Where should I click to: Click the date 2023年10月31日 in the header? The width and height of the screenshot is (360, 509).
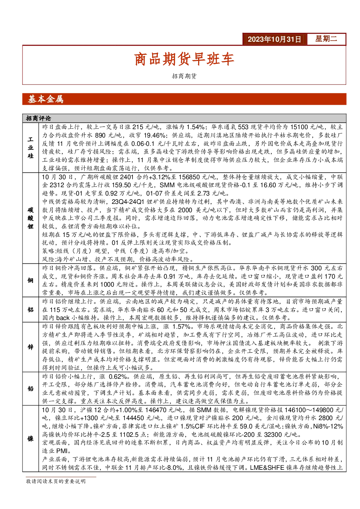(274, 39)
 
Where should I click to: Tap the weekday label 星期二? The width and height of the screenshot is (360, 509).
(326, 39)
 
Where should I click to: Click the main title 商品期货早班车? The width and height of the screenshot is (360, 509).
(184, 59)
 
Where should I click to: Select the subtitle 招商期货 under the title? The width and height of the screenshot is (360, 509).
(184, 76)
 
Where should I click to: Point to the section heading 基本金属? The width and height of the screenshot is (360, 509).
(45, 99)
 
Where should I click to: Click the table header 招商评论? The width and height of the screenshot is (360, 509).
(38, 118)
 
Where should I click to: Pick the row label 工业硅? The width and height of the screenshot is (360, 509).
(30, 147)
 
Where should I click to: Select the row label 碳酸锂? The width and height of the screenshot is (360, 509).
(30, 218)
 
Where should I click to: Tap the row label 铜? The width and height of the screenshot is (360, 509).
(30, 280)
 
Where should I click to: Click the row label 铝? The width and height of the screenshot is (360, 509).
(30, 309)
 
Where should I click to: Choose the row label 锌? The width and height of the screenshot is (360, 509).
(30, 347)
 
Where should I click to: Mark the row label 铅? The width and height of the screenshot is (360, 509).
(30, 389)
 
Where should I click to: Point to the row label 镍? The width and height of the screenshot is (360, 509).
(30, 439)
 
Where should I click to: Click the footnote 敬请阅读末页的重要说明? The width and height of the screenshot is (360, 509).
(56, 481)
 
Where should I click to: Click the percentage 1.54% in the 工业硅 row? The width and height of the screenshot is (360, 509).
(195, 127)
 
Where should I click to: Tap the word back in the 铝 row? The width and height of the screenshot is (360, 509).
(63, 318)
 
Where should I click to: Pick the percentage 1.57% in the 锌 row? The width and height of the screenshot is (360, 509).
(181, 327)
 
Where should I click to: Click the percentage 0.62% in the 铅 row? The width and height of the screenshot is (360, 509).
(118, 377)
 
